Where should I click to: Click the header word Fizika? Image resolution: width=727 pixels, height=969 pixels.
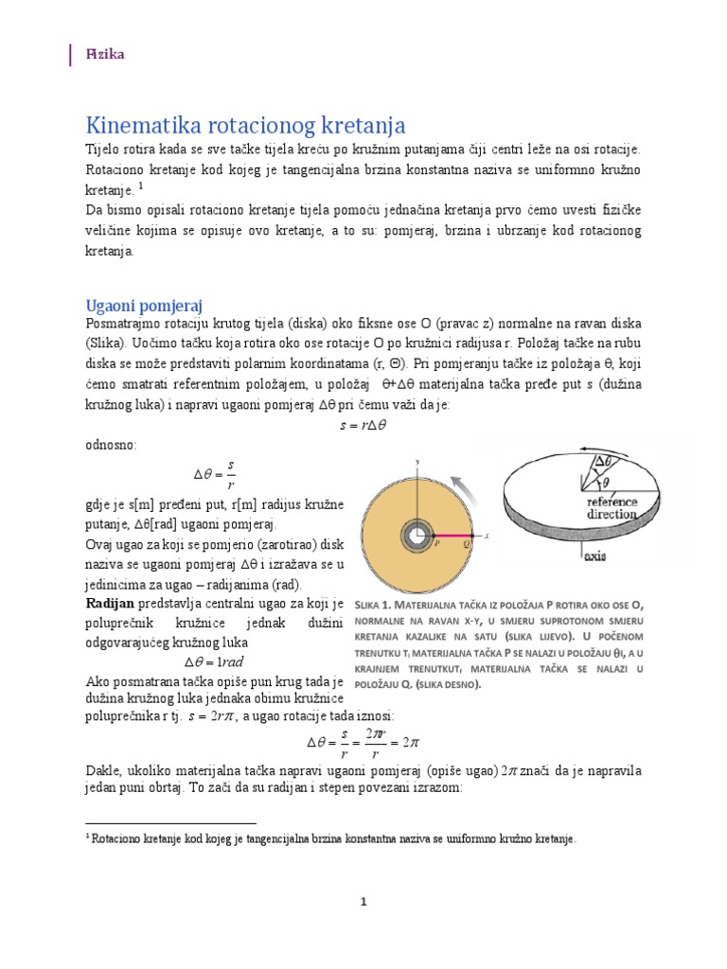(106, 55)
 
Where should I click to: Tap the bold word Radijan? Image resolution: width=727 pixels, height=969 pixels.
(111, 603)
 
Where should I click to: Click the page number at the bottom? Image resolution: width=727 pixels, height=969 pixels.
(363, 902)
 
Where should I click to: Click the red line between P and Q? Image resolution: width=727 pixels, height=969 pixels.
(450, 537)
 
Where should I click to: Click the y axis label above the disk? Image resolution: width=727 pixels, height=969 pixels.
(417, 461)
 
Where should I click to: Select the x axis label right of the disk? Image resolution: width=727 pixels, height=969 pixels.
(485, 536)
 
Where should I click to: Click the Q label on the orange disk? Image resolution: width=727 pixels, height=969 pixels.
(464, 544)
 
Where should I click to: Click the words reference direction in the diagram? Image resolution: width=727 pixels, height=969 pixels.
(618, 508)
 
